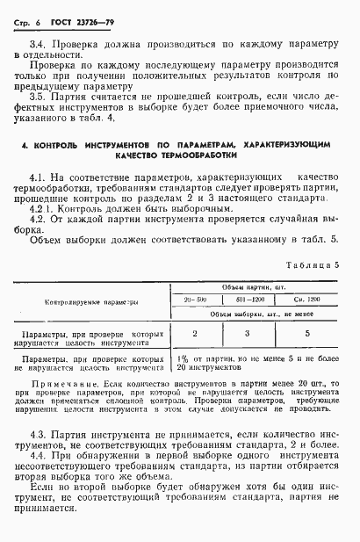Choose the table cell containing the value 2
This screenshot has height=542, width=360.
(x=195, y=334)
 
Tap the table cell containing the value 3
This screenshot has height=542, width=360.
(x=248, y=334)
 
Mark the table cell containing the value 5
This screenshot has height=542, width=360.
(x=306, y=334)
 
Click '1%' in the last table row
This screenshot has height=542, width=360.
(x=183, y=358)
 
